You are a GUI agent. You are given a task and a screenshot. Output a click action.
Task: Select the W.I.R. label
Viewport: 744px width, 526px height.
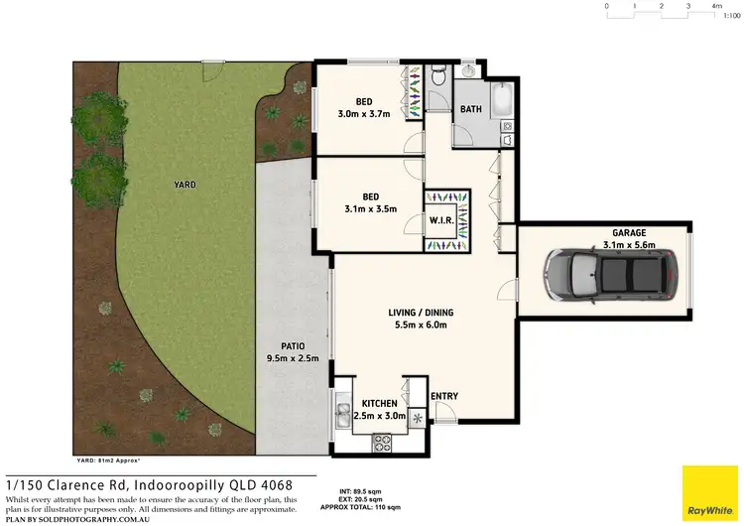tap(441, 220)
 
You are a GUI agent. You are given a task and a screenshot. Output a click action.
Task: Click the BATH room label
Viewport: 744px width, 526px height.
tap(470, 109)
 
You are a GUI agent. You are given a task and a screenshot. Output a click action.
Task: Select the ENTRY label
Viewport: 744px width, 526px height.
tap(444, 397)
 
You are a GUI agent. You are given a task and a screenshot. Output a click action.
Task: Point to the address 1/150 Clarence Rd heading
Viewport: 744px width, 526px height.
tap(149, 484)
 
